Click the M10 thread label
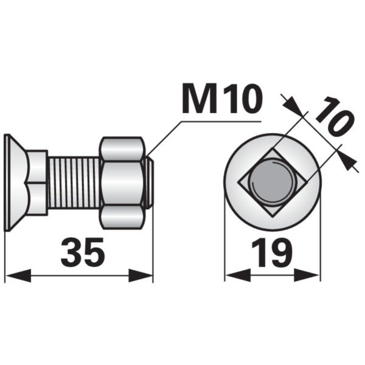click(222, 99)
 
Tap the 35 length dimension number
click(83, 252)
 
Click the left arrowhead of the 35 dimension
click(18, 276)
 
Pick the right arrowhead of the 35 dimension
click(141, 276)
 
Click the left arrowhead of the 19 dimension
click(238, 276)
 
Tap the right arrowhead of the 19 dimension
click(307, 276)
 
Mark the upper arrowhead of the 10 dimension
click(294, 106)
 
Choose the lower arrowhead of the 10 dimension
click(347, 161)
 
